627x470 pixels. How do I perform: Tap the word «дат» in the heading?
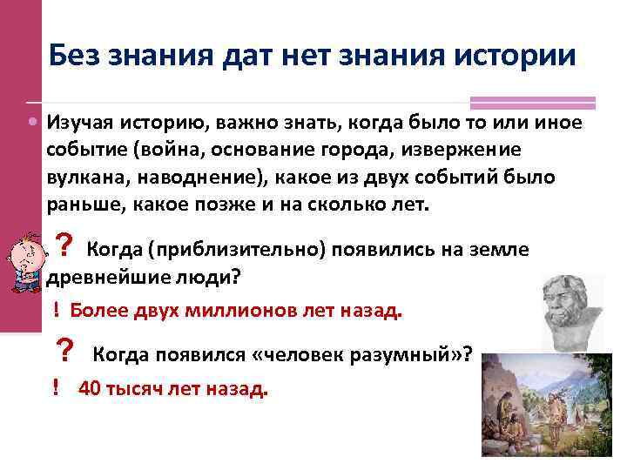(244, 56)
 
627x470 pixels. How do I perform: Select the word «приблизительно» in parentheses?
(239, 251)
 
